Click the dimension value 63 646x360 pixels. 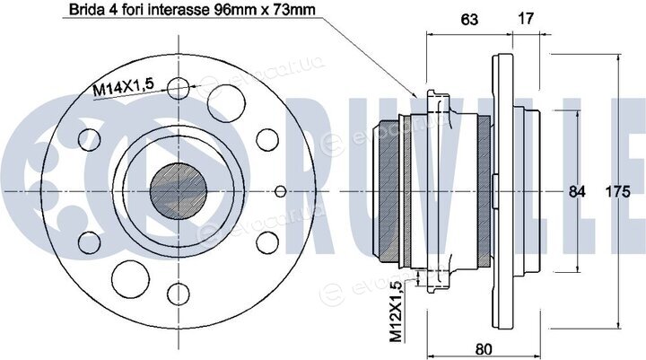469,19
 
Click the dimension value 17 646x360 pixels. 525,18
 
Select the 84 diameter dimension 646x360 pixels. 576,191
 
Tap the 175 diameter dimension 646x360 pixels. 617,191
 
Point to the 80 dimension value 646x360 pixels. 484,349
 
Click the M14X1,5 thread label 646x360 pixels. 123,87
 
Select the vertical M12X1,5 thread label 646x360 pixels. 396,311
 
